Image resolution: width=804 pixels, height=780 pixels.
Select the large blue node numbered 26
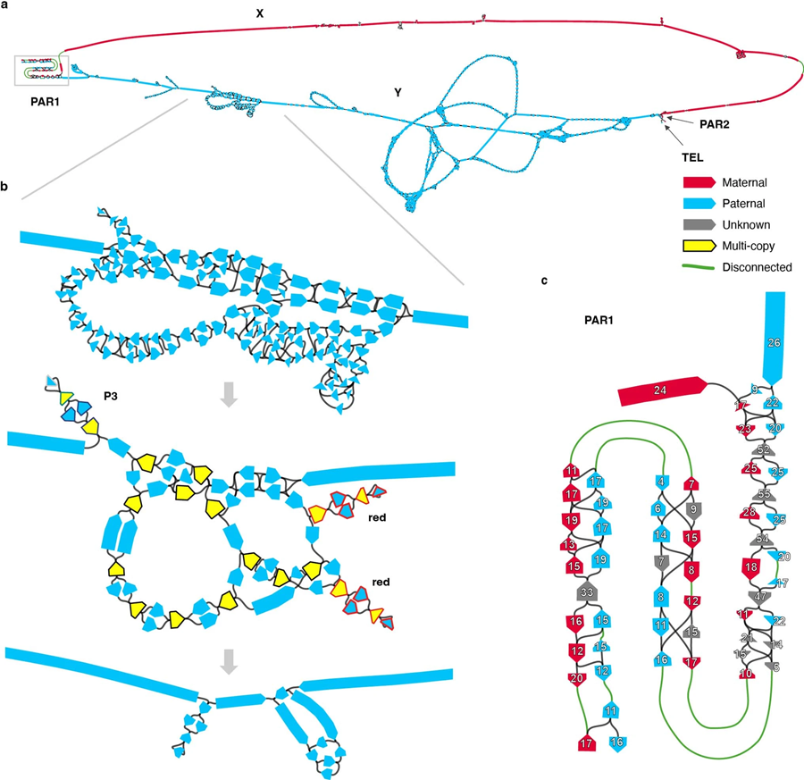(x=774, y=340)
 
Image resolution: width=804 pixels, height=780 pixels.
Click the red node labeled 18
(x=750, y=567)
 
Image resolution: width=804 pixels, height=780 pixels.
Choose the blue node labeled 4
(x=661, y=482)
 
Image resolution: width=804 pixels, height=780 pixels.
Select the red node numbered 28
(x=750, y=513)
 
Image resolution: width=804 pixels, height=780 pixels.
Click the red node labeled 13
(x=570, y=544)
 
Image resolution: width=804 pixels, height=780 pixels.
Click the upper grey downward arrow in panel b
(x=229, y=396)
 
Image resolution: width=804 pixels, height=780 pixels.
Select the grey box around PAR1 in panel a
(x=38, y=71)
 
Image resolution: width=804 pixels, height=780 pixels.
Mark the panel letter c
(x=545, y=280)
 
